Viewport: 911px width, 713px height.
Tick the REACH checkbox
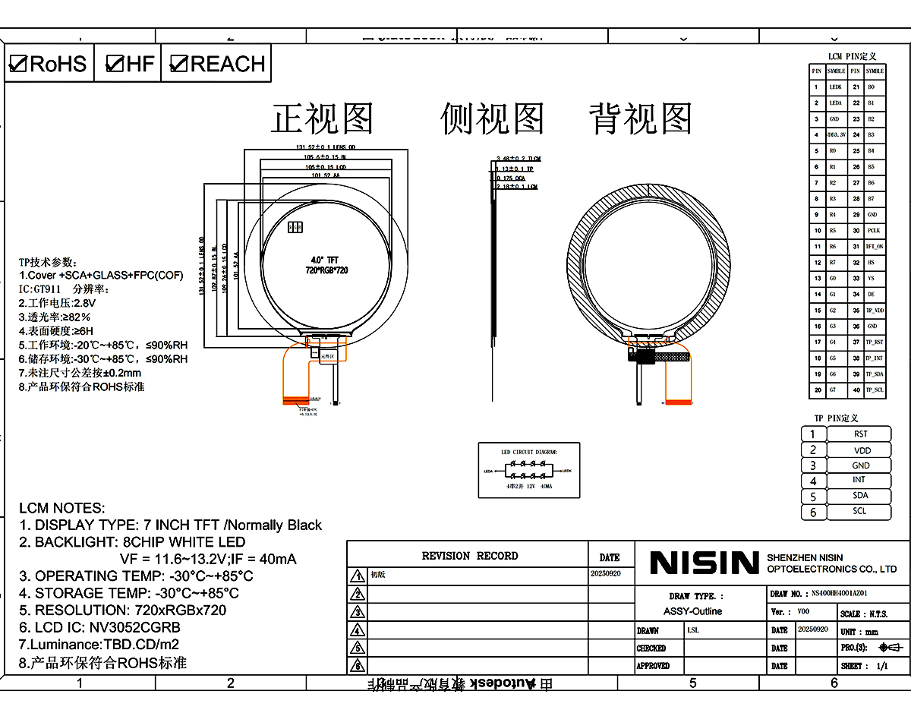pyautogui.click(x=178, y=64)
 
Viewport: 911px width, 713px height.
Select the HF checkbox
pyautogui.click(x=115, y=64)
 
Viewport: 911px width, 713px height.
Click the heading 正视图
pyautogui.click(x=323, y=119)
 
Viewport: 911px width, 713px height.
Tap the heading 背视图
pyautogui.click(x=640, y=119)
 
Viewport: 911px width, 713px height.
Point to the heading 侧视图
pyautogui.click(x=492, y=119)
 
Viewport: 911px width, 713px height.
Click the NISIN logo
pyautogui.click(x=704, y=563)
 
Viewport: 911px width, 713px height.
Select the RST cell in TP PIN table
pyautogui.click(x=859, y=434)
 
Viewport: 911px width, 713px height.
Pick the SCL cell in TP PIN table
pyautogui.click(x=859, y=511)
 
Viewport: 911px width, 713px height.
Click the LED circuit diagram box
pyautogui.click(x=528, y=470)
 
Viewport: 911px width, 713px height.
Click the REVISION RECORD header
pyautogui.click(x=469, y=556)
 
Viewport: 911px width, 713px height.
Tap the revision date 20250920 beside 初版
pyautogui.click(x=605, y=574)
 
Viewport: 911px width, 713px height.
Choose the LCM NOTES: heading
pyautogui.click(x=62, y=508)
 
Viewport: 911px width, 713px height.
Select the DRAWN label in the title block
pyautogui.click(x=648, y=630)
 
